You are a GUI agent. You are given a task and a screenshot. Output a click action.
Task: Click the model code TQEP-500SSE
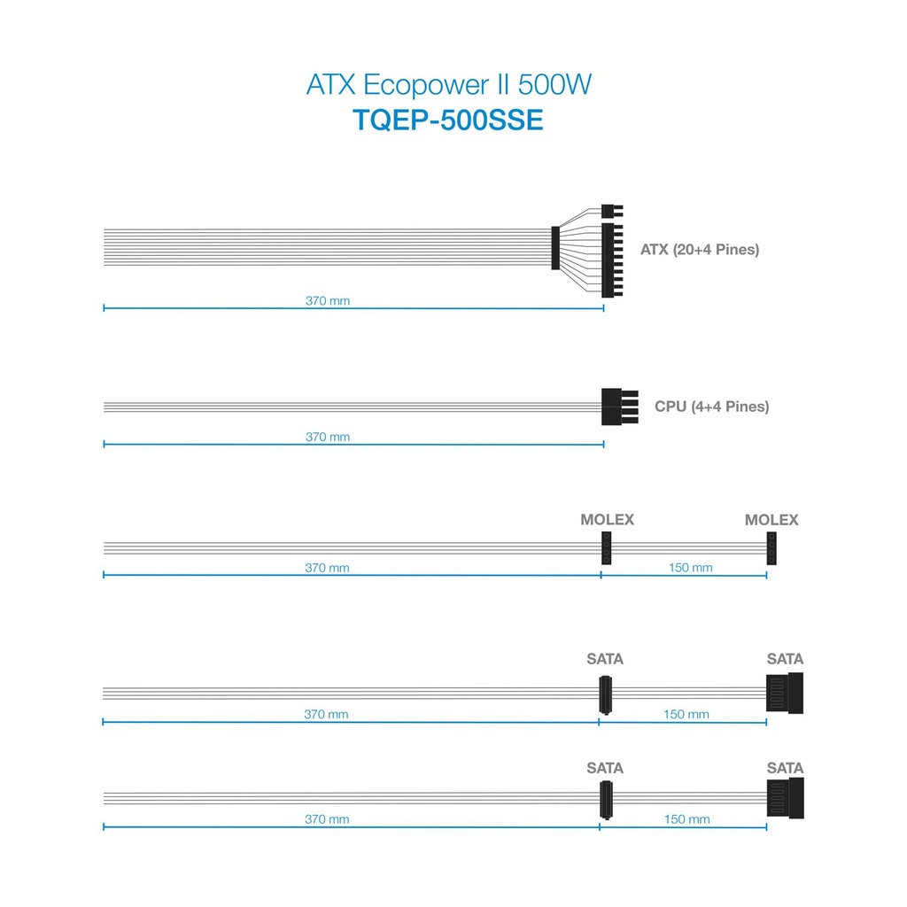click(448, 120)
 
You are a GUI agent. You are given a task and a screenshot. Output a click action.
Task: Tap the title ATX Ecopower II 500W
click(449, 84)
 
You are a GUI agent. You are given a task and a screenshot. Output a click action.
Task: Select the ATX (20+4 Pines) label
click(700, 249)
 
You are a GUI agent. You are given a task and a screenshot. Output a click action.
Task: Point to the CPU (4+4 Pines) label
click(711, 406)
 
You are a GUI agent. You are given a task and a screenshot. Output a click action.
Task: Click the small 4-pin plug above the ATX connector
click(612, 211)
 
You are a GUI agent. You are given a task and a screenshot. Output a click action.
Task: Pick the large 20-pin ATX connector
click(612, 260)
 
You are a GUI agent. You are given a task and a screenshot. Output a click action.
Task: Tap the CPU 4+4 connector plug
click(619, 407)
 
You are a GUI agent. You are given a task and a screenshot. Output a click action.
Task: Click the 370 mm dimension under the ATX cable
click(328, 301)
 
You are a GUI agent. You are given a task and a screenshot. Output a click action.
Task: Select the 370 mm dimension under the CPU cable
click(328, 437)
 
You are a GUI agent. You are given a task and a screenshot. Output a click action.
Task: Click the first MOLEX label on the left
click(608, 519)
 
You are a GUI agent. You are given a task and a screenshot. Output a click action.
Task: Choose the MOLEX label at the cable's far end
click(771, 519)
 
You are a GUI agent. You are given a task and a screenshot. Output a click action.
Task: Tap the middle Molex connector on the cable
click(606, 547)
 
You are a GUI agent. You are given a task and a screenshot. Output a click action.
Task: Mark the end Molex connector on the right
click(771, 548)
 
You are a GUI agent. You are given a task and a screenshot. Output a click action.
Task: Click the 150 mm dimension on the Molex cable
click(691, 568)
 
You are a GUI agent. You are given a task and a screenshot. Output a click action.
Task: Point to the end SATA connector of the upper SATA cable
click(785, 693)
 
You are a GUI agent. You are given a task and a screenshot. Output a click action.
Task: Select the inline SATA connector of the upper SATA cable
click(605, 694)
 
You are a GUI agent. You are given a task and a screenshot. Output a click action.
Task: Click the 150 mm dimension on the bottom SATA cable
click(686, 819)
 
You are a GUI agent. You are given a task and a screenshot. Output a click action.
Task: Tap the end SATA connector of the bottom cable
click(785, 798)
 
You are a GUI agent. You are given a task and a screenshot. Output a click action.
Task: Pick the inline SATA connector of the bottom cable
click(606, 800)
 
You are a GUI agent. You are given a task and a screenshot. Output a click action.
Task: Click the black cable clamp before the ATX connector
click(555, 248)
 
